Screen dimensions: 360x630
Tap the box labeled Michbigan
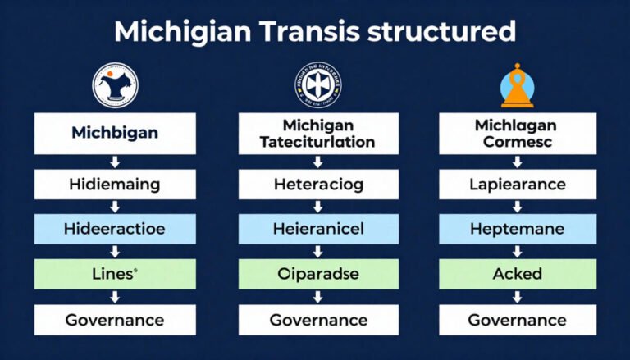tap(115, 133)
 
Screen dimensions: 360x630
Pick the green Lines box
tap(115, 275)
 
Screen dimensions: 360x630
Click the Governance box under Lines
tap(115, 319)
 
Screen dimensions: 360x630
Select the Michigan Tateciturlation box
tap(317, 133)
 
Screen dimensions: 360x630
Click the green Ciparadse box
tap(317, 275)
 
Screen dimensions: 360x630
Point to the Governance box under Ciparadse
tap(317, 319)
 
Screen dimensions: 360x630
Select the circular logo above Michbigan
tap(116, 85)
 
